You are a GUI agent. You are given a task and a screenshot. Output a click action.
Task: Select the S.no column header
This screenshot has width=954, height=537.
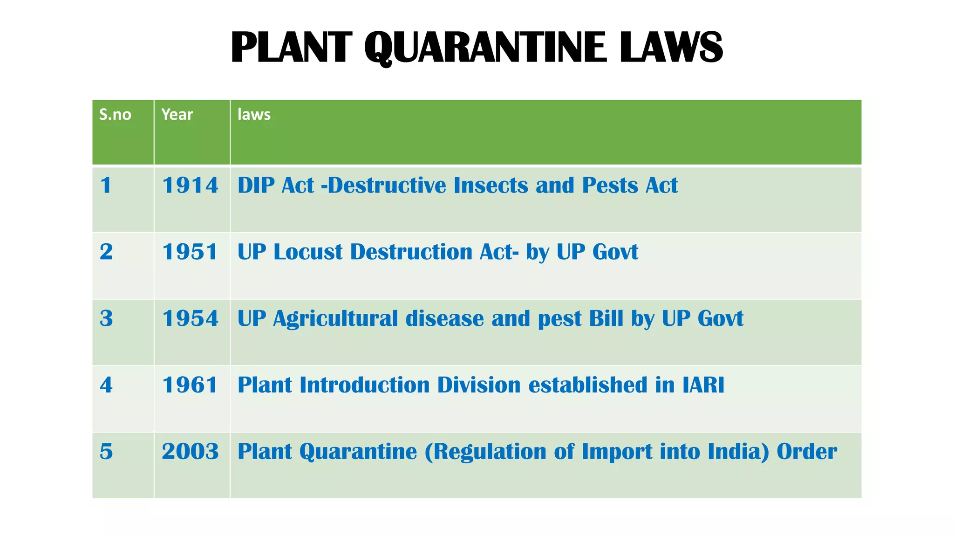pos(115,115)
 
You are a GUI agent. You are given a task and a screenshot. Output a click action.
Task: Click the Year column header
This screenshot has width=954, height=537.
pos(177,115)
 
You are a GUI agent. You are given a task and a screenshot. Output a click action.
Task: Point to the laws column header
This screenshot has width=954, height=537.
pos(254,115)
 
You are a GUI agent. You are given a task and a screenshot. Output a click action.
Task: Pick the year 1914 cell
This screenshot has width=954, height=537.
pos(190,186)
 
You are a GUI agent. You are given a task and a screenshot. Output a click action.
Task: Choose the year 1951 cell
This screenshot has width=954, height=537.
pos(190,252)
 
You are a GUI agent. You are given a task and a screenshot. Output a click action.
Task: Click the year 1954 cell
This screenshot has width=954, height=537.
pos(190,319)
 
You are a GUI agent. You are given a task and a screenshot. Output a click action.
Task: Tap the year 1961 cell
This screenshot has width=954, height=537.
pos(190,386)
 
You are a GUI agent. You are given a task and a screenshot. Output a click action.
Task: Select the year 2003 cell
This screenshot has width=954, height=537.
pos(190,452)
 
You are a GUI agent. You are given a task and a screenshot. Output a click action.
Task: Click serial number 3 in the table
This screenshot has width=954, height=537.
pos(106,319)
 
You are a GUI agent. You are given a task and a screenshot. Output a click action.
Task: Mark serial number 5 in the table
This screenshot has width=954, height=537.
pos(106,452)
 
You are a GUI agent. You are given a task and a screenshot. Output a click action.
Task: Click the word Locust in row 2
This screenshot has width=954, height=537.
pos(308,252)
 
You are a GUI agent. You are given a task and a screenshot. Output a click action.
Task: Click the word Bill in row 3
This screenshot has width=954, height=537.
pos(606,319)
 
